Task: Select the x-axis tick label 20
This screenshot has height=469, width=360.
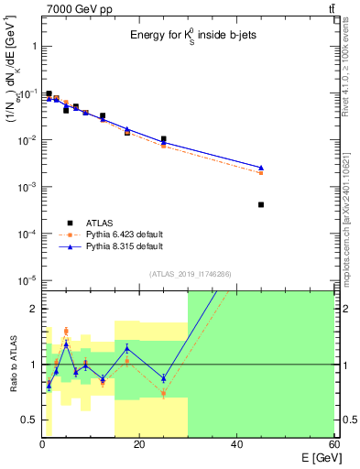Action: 138,444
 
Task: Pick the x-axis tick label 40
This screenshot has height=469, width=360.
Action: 236,444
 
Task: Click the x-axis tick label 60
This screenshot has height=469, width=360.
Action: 333,444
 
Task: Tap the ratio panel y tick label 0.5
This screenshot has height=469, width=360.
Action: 27,420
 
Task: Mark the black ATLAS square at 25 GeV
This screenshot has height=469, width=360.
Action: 163,139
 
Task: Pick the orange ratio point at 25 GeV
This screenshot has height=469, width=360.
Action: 163,393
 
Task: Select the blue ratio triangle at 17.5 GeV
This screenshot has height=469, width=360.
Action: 127,348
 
